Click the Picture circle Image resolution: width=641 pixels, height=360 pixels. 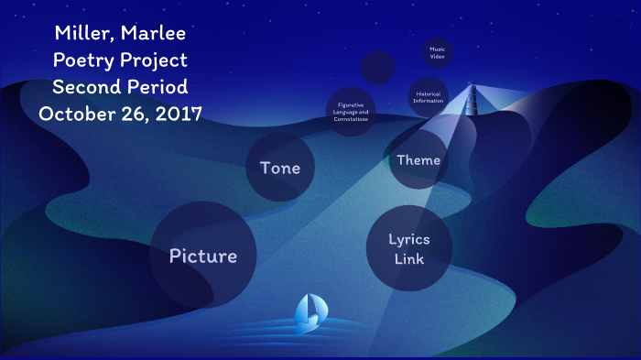(x=202, y=256)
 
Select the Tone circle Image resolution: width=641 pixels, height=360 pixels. (x=280, y=168)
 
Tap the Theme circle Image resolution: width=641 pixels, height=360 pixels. (x=418, y=160)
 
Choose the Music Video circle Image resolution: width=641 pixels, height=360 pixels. (x=438, y=52)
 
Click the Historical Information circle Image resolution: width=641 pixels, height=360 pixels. (x=429, y=96)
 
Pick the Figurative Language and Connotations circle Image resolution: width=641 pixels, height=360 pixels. (x=351, y=112)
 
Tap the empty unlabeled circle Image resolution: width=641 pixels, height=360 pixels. (x=377, y=68)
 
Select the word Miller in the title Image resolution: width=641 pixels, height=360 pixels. (x=84, y=35)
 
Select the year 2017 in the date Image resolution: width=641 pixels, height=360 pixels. (x=177, y=115)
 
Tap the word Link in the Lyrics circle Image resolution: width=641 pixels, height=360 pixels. (x=408, y=259)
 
